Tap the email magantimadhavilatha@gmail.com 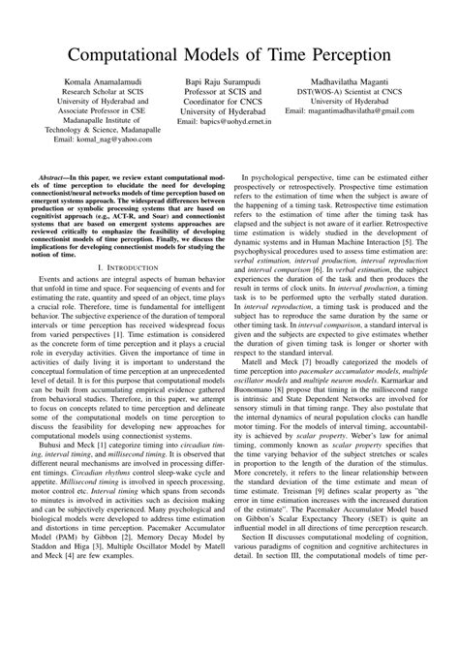tap(354, 112)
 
